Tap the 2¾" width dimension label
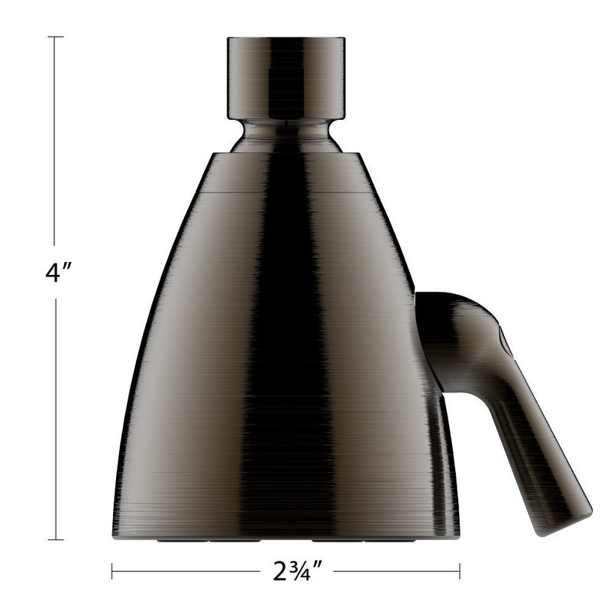pos(286,571)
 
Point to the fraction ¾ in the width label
pos(290,570)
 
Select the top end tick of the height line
pos(53,36)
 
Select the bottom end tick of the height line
pos(53,540)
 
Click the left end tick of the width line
pos(112,571)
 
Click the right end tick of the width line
pos(459,571)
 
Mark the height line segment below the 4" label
pos(53,420)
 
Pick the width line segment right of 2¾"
pos(397,571)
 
